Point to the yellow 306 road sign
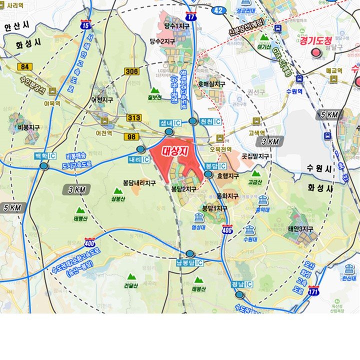132,71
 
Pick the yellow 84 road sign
24,66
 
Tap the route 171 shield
314,290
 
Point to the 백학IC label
43,156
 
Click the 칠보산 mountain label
155,97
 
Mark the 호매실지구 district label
211,84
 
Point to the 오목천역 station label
220,149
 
